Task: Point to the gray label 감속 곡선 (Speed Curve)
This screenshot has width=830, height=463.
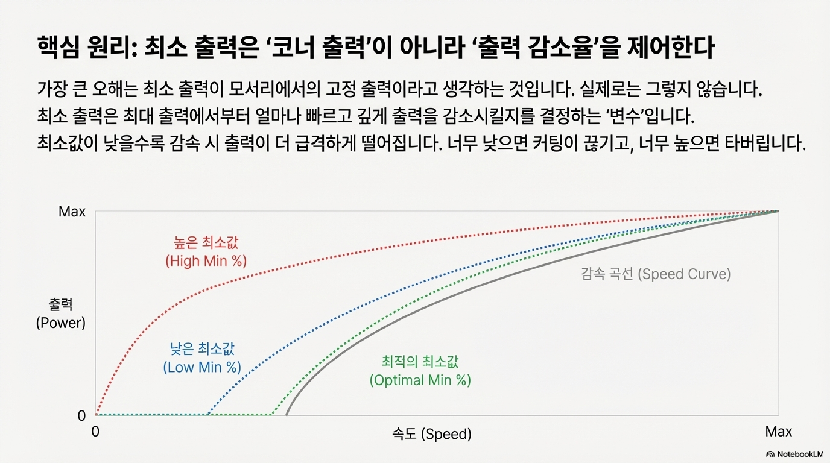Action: (656, 274)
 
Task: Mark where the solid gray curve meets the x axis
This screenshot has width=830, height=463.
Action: (286, 415)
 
